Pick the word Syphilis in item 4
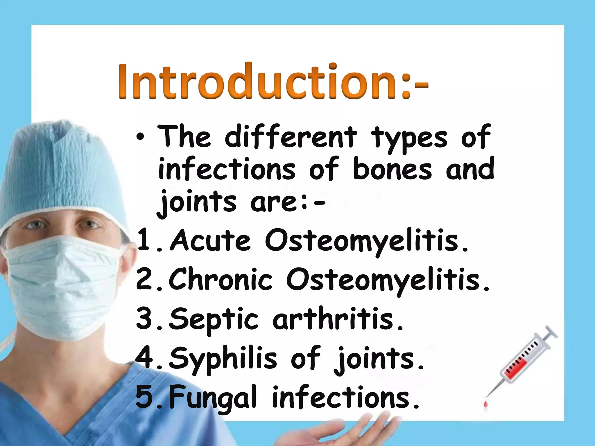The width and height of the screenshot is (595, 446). [x=223, y=359]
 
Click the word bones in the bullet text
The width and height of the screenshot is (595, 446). [x=393, y=169]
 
